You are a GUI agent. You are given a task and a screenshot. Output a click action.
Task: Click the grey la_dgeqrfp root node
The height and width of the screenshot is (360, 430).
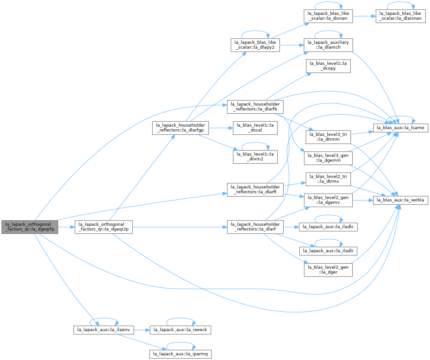pyautogui.click(x=30, y=227)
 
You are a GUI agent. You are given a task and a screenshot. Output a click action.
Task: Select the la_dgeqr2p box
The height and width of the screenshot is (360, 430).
pyautogui.click(x=103, y=227)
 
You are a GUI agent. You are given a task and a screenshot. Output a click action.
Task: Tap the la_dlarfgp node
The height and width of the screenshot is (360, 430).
pyautogui.click(x=180, y=128)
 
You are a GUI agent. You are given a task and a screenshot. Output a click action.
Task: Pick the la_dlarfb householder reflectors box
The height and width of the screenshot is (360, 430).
pyautogui.click(x=255, y=107)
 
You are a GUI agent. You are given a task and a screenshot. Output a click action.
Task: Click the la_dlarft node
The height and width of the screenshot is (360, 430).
pyautogui.click(x=255, y=190)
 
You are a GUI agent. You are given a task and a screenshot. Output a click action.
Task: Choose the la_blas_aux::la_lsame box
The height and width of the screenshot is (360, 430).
pyautogui.click(x=400, y=128)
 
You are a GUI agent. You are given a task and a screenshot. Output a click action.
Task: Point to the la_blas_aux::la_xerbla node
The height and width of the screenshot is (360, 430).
pyautogui.click(x=400, y=200)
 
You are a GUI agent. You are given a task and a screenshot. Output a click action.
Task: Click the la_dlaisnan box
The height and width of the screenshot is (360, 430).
pyautogui.click(x=400, y=16)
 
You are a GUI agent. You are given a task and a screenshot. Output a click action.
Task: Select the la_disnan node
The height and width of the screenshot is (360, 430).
pyautogui.click(x=328, y=16)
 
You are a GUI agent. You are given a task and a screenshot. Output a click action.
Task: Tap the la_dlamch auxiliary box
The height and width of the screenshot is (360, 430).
pyautogui.click(x=328, y=45)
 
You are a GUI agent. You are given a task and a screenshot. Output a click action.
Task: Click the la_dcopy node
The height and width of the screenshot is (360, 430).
pyautogui.click(x=328, y=66)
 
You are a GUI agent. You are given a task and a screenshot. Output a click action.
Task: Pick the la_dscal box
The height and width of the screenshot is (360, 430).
pyautogui.click(x=255, y=128)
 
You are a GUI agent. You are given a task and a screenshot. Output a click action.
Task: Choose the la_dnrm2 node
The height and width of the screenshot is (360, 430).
pyautogui.click(x=255, y=157)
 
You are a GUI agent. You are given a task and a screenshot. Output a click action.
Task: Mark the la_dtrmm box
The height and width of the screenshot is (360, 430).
pyautogui.click(x=328, y=137)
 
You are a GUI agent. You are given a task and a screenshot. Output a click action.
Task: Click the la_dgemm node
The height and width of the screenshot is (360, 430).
pyautogui.click(x=328, y=158)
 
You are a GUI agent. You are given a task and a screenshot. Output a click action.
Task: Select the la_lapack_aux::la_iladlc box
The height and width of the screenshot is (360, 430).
pyautogui.click(x=328, y=227)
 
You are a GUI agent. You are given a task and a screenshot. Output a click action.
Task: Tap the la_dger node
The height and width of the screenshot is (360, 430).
pyautogui.click(x=328, y=270)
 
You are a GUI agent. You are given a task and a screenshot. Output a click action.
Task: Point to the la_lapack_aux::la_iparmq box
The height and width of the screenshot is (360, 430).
pyautogui.click(x=180, y=354)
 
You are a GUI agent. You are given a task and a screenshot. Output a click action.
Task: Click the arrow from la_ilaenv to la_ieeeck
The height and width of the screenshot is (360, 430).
pyautogui.click(x=142, y=330)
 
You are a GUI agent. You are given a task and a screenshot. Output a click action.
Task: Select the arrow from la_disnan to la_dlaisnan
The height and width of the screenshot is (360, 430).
pyautogui.click(x=364, y=16)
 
